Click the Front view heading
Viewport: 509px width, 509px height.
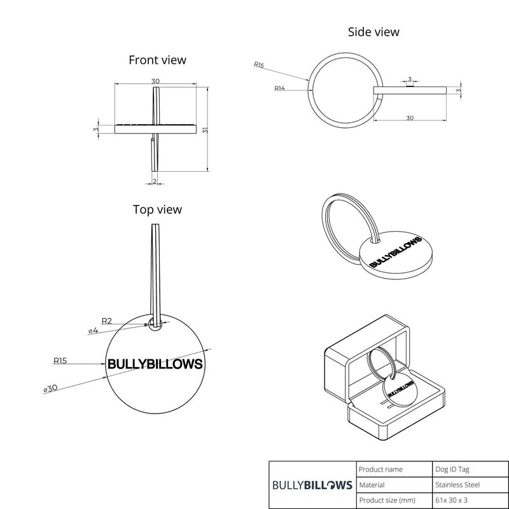(x=157, y=60)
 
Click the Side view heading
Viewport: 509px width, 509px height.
(x=373, y=32)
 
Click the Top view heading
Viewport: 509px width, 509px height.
(x=157, y=210)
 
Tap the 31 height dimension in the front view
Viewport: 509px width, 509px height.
(x=205, y=130)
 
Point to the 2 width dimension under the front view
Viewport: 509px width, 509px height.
(x=155, y=181)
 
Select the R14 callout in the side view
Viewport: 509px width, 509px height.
(x=279, y=88)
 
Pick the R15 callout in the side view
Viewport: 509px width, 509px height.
(x=259, y=65)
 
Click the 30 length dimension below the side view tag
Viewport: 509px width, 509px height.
(x=410, y=118)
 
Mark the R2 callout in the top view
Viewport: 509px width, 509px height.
(x=107, y=321)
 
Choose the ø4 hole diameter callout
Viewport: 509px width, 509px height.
(x=93, y=331)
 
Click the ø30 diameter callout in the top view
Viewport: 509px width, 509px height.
(x=50, y=388)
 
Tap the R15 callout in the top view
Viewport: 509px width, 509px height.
(x=60, y=361)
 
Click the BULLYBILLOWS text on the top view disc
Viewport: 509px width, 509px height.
(x=155, y=364)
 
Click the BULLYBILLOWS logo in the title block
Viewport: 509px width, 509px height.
(x=312, y=485)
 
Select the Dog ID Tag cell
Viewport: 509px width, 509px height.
(x=452, y=470)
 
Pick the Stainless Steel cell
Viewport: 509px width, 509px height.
(x=457, y=485)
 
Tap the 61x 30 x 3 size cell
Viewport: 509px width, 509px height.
(x=452, y=500)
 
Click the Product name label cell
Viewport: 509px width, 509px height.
(x=380, y=470)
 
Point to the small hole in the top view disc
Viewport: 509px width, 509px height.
(x=155, y=324)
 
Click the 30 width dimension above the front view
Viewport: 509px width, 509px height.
(x=155, y=81)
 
